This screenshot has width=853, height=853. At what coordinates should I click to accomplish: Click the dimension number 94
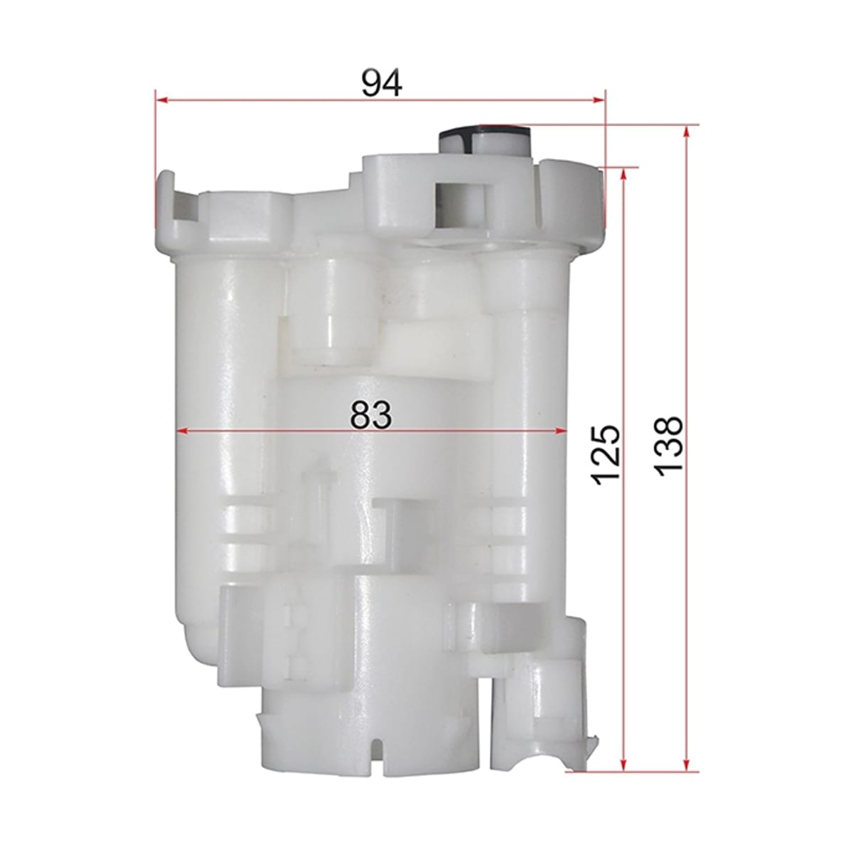(382, 82)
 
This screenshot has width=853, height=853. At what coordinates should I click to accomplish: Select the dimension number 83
(371, 414)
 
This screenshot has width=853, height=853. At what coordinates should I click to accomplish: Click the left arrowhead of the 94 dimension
(161, 101)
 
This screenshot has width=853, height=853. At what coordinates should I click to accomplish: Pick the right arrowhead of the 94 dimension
(599, 101)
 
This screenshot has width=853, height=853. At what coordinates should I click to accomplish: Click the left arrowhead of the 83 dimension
(182, 431)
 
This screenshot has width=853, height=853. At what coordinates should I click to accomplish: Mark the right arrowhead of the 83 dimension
(562, 431)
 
